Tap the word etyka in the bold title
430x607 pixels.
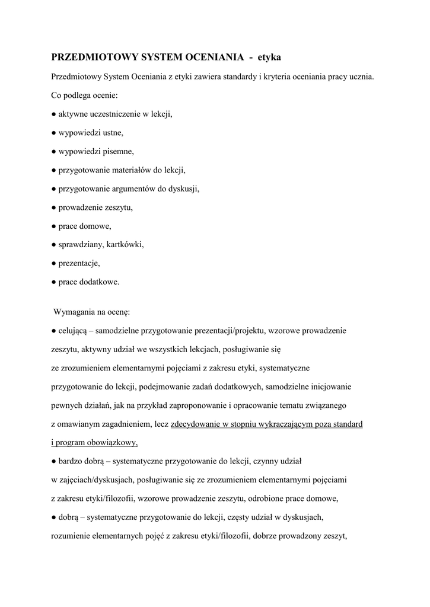pos(269,57)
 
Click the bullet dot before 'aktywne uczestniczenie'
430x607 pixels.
pos(54,114)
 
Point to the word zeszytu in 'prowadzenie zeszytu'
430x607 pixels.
pos(119,207)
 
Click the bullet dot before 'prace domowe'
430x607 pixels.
pos(54,226)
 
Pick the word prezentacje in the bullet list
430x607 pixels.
pos(79,263)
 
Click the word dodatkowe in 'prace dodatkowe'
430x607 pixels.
pos(100,282)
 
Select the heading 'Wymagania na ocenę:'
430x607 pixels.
pos(92,311)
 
